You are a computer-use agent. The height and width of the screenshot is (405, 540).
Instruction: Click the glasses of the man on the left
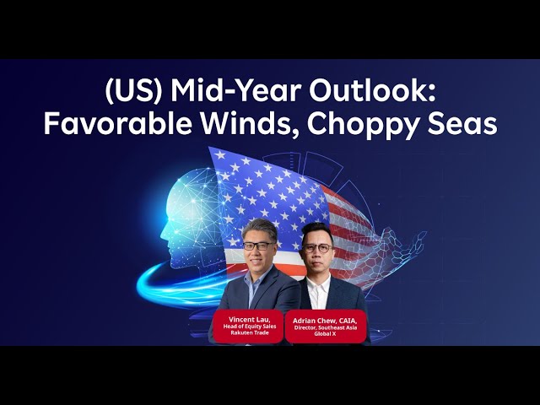coord(258,246)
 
